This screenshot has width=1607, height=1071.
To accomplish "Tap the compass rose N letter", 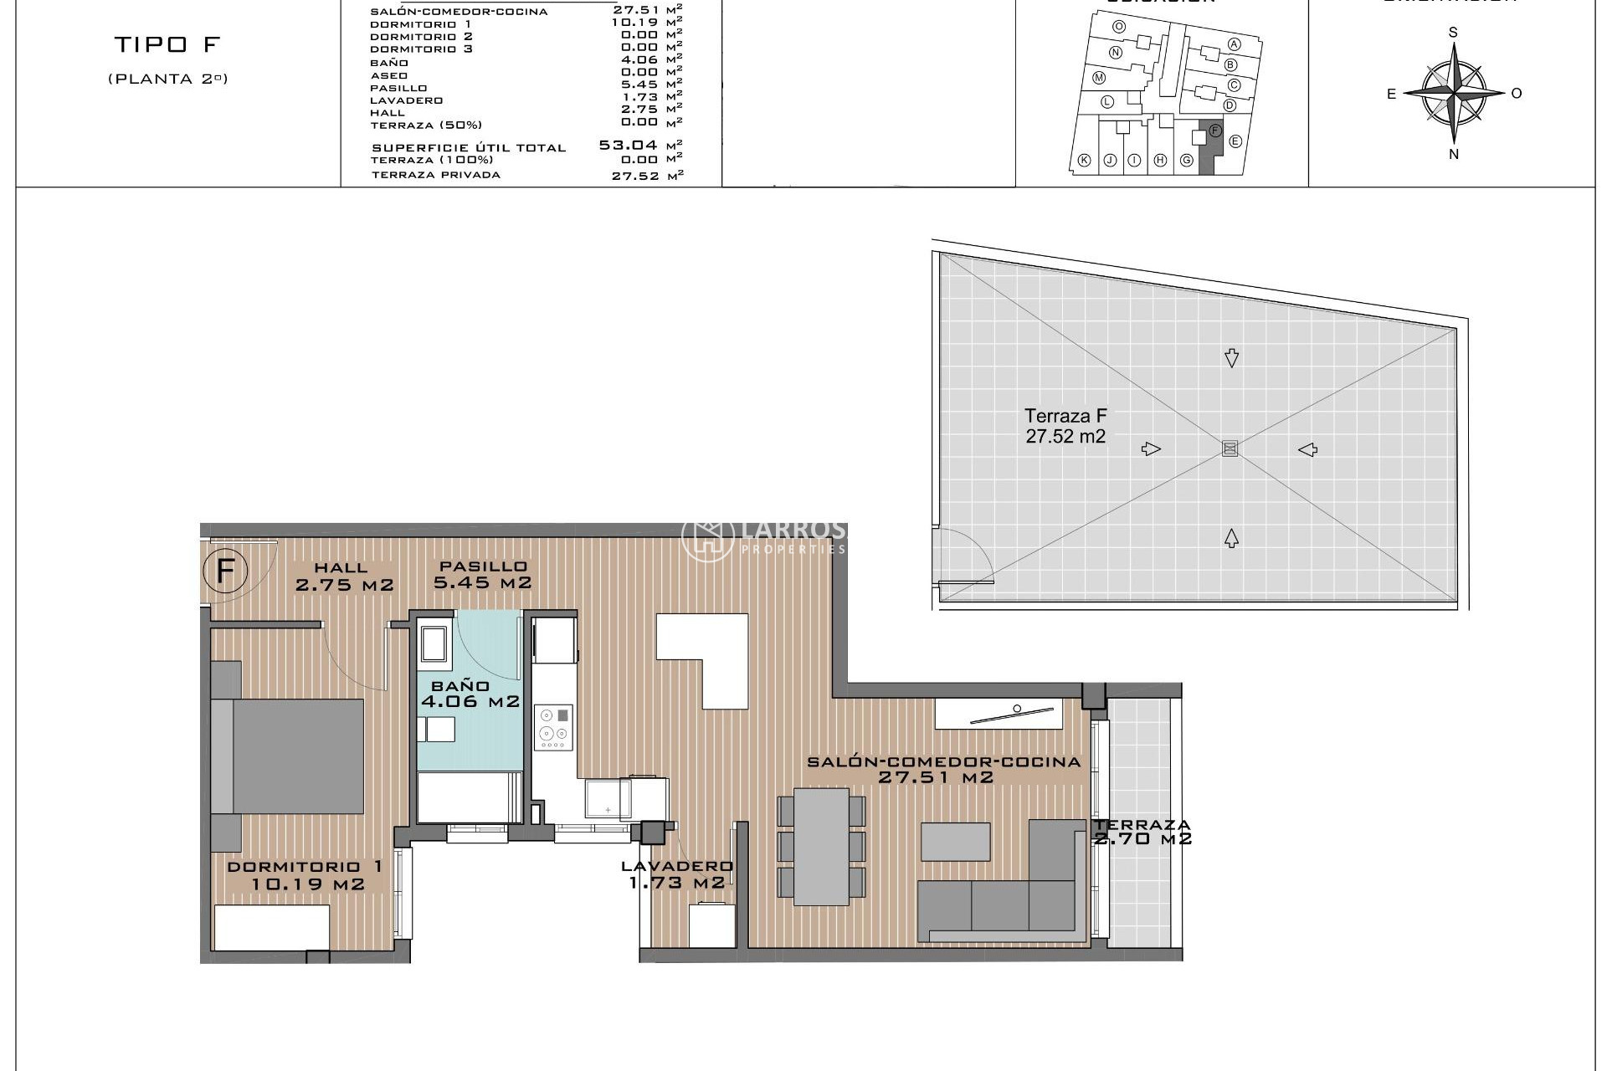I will (x=1454, y=154).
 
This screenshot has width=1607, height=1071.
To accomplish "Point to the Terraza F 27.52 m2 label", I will (x=1065, y=426).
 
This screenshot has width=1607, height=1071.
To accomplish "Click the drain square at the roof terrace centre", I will (x=1230, y=448).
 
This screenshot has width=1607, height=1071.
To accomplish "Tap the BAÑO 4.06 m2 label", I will (x=470, y=694).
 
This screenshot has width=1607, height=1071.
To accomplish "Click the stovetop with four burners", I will (x=554, y=726).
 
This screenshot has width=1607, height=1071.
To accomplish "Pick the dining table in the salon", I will (x=821, y=846).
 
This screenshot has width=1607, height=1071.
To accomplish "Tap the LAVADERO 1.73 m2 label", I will (x=677, y=874).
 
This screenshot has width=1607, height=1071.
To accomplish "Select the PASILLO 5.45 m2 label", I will (x=482, y=575).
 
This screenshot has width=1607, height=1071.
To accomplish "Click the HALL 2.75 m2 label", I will (x=343, y=577).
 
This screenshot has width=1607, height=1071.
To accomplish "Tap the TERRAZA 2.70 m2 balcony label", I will (x=1142, y=832).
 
